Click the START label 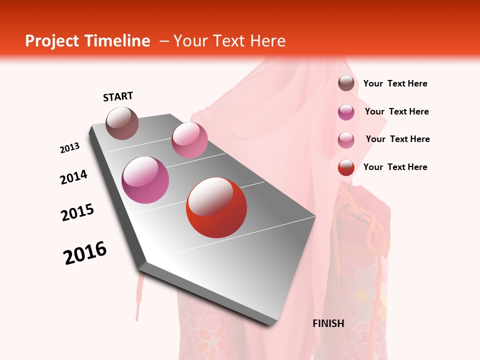pos(118,96)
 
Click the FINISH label pos(328,323)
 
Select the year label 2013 pos(70,148)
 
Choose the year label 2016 pos(85,253)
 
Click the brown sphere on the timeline pos(122,123)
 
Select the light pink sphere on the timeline pos(189,139)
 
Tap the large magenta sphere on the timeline pos(145,180)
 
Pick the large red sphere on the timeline pos(216,207)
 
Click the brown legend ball pos(346,83)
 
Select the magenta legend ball pos(346,112)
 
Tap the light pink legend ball pos(346,139)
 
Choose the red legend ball pos(346,167)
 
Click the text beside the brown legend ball pos(395,83)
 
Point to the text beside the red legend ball pos(395,167)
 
